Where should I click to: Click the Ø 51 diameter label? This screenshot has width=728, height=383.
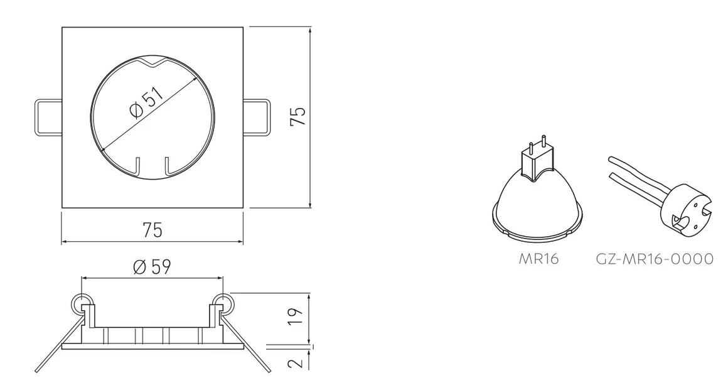click(x=147, y=103)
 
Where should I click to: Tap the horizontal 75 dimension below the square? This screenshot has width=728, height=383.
click(x=152, y=230)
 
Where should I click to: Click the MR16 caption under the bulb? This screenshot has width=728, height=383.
click(x=538, y=259)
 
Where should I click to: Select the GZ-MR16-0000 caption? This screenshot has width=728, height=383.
click(x=655, y=259)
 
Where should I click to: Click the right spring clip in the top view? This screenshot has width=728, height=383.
click(x=257, y=117)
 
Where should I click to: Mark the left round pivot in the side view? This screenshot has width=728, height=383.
click(x=80, y=304)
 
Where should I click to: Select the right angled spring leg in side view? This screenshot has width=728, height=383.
click(x=248, y=345)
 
